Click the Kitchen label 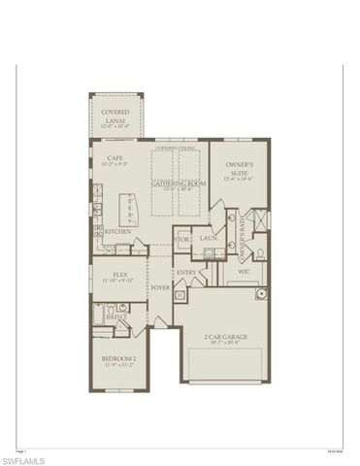(119, 232)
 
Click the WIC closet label (245, 273)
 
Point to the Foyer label (160, 288)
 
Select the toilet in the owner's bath (265, 255)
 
